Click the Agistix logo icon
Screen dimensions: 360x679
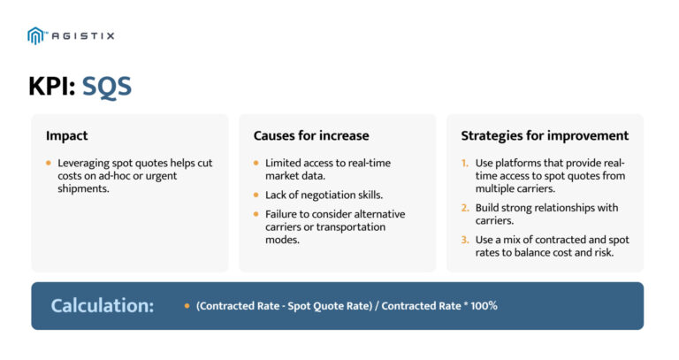click(x=35, y=35)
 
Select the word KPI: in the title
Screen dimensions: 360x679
click(x=51, y=87)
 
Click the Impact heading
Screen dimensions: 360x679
click(x=66, y=135)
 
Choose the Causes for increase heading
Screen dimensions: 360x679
click(x=310, y=135)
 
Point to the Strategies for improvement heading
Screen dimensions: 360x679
click(x=545, y=135)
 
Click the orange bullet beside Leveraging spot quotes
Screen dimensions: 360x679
click(x=49, y=164)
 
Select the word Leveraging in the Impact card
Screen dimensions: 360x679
click(x=85, y=164)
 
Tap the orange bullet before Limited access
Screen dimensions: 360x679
click(x=256, y=164)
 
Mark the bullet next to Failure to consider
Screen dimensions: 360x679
click(x=256, y=214)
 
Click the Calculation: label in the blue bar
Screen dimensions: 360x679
click(x=102, y=306)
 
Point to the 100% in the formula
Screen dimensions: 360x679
click(x=482, y=306)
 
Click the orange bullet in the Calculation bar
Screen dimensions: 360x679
click(x=187, y=306)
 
